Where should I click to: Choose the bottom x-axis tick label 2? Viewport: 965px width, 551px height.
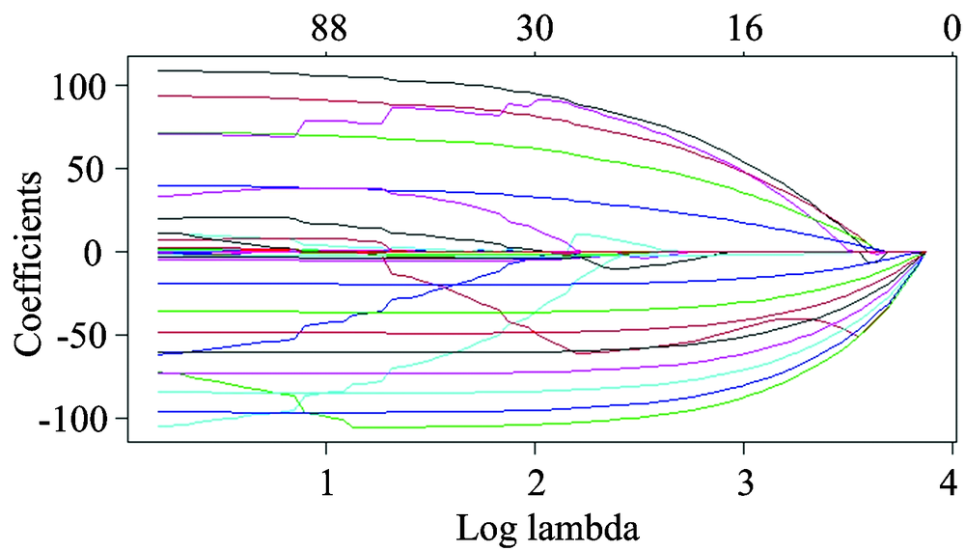535,481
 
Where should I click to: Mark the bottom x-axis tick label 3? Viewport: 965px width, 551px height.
743,481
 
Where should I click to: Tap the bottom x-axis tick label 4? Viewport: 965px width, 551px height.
951,481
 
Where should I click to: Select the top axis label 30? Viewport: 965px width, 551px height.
535,29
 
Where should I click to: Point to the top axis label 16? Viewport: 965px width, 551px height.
743,29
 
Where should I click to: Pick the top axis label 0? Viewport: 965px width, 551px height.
951,29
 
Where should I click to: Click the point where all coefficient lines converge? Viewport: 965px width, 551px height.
924,252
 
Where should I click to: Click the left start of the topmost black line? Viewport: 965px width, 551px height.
159,70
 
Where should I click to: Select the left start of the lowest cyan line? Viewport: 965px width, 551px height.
159,426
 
